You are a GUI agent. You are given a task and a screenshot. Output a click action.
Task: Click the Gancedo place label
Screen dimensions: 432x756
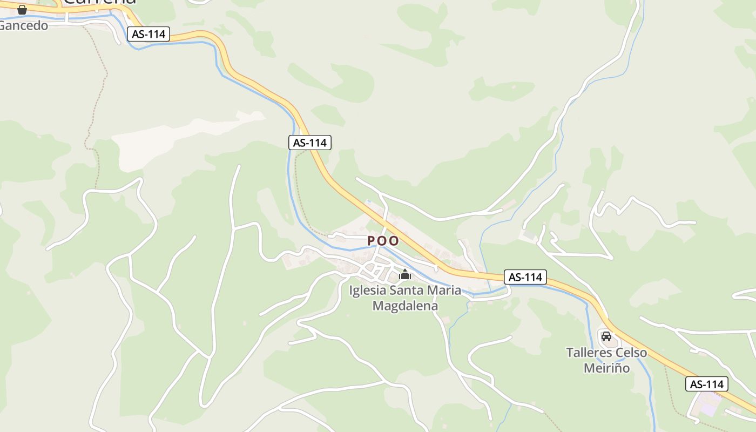(x=24, y=25)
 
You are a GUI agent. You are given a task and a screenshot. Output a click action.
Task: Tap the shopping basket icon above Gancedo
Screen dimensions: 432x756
(x=22, y=10)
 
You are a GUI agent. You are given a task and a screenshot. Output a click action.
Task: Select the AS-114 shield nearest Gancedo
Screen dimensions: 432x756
(x=149, y=34)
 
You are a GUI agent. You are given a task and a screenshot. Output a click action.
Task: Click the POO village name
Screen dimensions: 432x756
(x=383, y=241)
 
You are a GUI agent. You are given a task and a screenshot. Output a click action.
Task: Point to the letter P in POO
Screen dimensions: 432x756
(x=372, y=241)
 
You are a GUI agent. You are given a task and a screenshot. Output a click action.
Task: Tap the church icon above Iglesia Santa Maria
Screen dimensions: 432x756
(x=405, y=275)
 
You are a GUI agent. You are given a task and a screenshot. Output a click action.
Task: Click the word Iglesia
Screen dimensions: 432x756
(x=368, y=291)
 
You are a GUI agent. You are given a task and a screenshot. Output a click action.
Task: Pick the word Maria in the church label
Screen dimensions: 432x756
(x=444, y=291)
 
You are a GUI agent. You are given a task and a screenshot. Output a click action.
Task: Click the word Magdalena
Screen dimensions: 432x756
(x=405, y=306)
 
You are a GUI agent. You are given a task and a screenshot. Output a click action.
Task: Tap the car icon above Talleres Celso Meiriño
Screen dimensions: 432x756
(x=606, y=336)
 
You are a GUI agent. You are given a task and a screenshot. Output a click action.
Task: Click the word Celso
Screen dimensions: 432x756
(x=631, y=353)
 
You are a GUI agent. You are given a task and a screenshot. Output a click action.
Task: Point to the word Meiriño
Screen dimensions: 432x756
(x=607, y=368)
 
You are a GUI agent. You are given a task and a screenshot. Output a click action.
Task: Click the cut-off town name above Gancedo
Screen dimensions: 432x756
(x=100, y=2)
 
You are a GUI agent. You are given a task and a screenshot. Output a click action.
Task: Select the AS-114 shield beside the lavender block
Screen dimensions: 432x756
(x=707, y=384)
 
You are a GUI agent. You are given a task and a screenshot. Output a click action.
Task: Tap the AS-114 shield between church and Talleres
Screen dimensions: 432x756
(x=525, y=277)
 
